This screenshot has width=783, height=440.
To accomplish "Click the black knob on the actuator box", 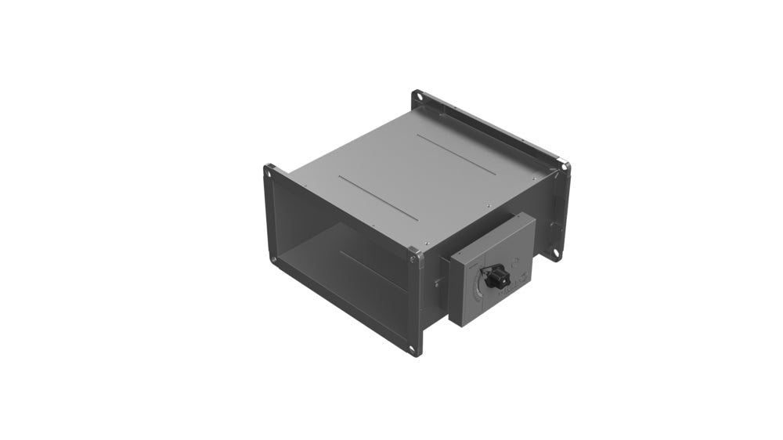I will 496,276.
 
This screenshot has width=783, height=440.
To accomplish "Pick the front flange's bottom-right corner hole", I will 413,348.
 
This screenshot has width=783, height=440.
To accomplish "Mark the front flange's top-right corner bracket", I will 413,252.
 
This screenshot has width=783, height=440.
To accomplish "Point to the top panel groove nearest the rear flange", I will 456,153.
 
